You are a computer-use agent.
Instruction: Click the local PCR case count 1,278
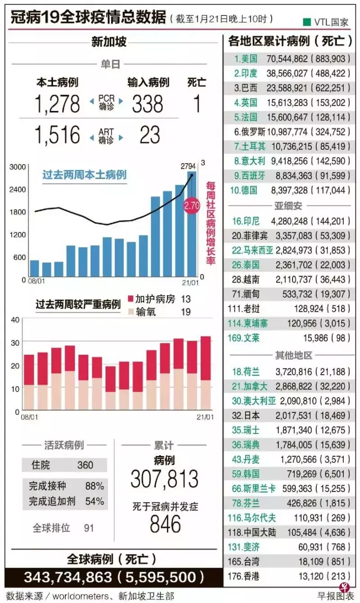click(58, 104)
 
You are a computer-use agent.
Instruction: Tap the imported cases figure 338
click(147, 104)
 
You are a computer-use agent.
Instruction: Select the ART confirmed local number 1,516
click(58, 134)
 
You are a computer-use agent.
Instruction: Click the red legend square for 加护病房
click(131, 299)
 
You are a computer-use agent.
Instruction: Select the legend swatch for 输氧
click(131, 312)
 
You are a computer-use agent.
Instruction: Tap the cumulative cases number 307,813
click(164, 479)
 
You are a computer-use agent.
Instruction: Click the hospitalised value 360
click(85, 465)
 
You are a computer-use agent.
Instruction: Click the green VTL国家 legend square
click(307, 22)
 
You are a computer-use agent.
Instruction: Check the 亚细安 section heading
click(288, 206)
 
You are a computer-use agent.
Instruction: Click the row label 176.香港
click(244, 576)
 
